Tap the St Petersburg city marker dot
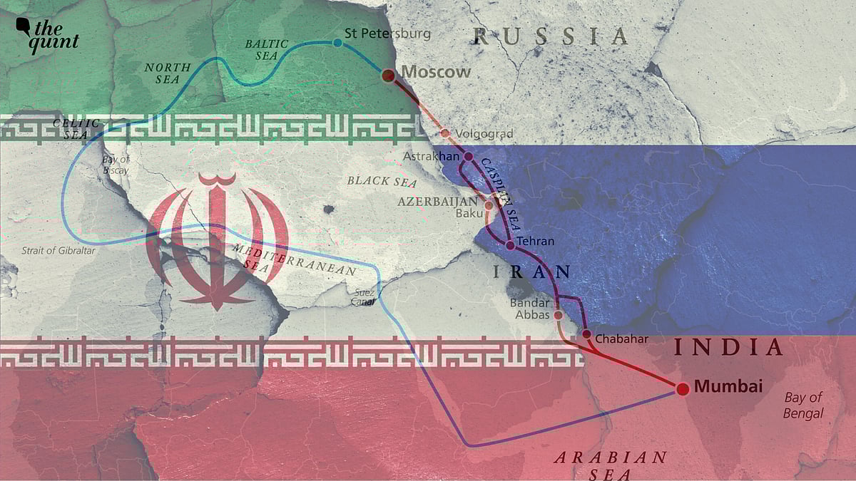click(337, 43)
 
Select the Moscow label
click(436, 72)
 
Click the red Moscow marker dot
click(388, 75)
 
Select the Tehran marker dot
click(510, 245)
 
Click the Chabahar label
click(621, 338)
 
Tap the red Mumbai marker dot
click(682, 388)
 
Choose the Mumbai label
click(728, 387)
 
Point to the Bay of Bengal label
click(803, 405)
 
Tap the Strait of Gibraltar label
click(58, 251)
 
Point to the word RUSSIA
click(551, 36)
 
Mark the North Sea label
click(168, 73)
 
